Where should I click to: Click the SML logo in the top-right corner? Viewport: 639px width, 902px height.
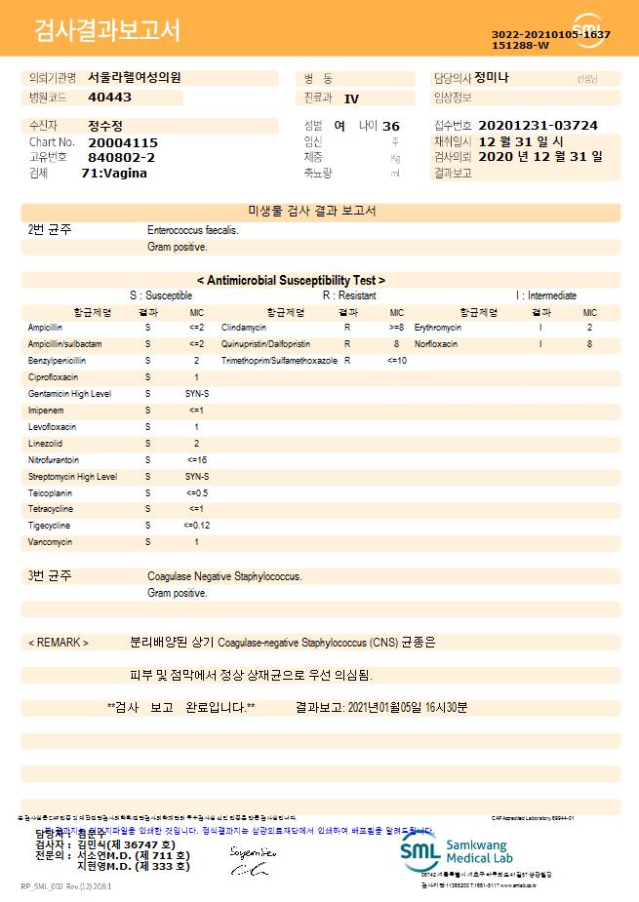pos(588,29)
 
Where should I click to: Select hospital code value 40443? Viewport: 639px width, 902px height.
pos(109,98)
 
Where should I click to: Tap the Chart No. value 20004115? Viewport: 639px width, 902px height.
pos(122,142)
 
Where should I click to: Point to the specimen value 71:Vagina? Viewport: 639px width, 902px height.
pos(114,173)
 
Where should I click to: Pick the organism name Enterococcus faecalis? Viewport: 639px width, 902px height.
pos(192,231)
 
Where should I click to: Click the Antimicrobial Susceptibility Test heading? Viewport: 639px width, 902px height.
pos(291,280)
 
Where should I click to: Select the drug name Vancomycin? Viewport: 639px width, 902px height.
pos(50,542)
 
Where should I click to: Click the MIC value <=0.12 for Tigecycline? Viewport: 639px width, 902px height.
pos(196,526)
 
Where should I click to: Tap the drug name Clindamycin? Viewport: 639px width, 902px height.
pos(244,329)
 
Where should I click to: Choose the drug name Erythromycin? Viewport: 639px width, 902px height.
pos(438,329)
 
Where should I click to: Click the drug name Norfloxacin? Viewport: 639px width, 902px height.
pos(435,344)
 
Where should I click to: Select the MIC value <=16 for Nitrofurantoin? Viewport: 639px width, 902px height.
pos(196,459)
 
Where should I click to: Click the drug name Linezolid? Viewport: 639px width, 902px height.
pos(45,444)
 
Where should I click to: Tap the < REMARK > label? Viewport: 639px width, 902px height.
pos(59,644)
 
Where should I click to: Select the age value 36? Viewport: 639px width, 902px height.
pos(391,127)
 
